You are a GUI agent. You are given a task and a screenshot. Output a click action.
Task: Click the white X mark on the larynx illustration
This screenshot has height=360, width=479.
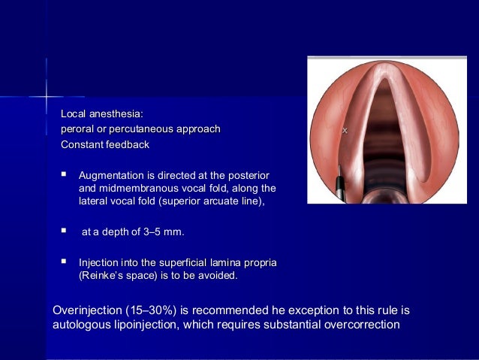345,132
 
